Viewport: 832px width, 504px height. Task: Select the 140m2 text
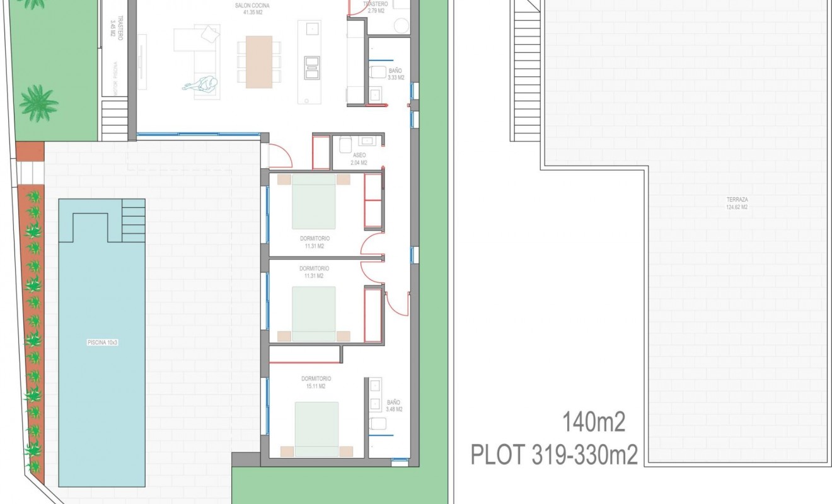click(x=593, y=423)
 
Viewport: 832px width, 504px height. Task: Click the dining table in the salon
click(x=258, y=61)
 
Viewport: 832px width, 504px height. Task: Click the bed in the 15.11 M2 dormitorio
click(x=316, y=429)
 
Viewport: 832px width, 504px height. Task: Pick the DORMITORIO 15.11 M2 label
click(x=316, y=382)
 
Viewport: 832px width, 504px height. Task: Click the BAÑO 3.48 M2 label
click(x=393, y=405)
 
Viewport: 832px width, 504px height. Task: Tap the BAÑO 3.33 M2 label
click(x=395, y=74)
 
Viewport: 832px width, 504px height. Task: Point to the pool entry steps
click(x=133, y=220)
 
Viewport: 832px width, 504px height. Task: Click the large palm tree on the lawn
click(x=38, y=102)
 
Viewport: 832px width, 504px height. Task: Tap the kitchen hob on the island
click(x=313, y=67)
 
